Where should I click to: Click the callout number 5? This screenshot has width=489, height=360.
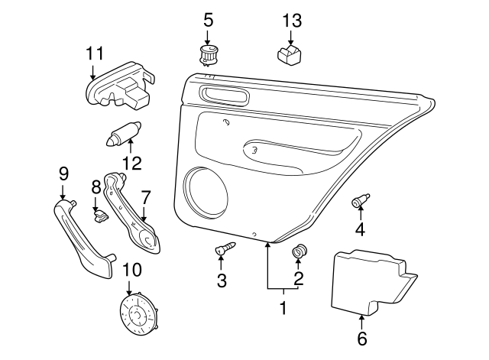[209, 20]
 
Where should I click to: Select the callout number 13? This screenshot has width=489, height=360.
[292, 21]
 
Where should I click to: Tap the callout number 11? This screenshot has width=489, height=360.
[95, 54]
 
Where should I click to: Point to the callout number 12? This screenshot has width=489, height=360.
[132, 163]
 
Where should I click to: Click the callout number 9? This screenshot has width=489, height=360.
[63, 174]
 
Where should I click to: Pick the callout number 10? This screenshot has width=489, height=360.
[132, 270]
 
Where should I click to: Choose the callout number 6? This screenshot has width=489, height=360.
[361, 338]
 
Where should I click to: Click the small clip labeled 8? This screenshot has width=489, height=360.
[100, 216]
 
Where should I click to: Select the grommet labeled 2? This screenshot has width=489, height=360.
[300, 251]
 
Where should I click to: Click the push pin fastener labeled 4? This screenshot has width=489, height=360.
[360, 199]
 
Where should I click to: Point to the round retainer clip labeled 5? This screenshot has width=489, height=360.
[207, 56]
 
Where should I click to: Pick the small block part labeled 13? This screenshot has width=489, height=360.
[290, 55]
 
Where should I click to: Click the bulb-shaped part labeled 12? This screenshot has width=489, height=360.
[122, 135]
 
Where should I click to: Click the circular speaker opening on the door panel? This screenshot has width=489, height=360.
[206, 193]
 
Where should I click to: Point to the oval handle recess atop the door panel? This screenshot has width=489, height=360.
[224, 94]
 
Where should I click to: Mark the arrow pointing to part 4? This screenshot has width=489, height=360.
[361, 214]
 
